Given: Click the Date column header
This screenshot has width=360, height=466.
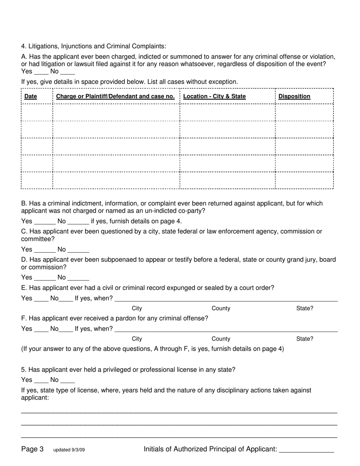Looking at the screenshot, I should pyautogui.click(x=31, y=97).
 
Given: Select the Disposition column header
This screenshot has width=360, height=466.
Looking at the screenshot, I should pyautogui.click(x=294, y=97).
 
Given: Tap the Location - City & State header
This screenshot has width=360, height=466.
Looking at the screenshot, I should pyautogui.click(x=214, y=97).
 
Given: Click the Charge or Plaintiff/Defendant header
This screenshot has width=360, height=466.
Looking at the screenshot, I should pyautogui.click(x=115, y=97).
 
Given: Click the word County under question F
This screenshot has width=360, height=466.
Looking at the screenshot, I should pyautogui.click(x=221, y=339).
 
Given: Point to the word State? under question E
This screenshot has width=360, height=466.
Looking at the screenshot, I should pyautogui.click(x=305, y=308).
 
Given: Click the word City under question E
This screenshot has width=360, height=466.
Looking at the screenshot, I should pyautogui.click(x=137, y=308).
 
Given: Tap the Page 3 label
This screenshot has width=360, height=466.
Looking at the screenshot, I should pyautogui.click(x=32, y=449).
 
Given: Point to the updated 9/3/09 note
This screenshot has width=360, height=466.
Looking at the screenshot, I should pyautogui.click(x=69, y=450).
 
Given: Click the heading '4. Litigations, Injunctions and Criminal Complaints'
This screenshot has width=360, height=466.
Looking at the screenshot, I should pyautogui.click(x=94, y=46).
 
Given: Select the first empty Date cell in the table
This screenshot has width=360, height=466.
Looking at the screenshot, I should pyautogui.click(x=37, y=113).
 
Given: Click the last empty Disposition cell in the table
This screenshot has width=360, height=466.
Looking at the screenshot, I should pyautogui.click(x=304, y=180).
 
